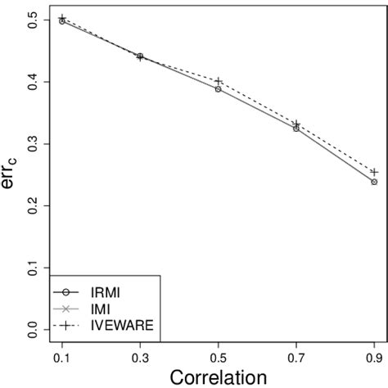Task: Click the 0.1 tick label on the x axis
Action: tap(62, 359)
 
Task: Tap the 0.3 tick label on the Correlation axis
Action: tap(140, 359)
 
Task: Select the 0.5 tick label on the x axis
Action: tap(218, 359)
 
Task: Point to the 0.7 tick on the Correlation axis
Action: tap(296, 359)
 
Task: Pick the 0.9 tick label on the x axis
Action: tap(373, 359)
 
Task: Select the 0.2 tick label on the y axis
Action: tap(32, 205)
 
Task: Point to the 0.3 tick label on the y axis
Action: tap(32, 144)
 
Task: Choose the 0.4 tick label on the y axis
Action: tap(32, 83)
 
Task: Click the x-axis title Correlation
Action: tap(218, 377)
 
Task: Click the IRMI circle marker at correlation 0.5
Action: tap(218, 88)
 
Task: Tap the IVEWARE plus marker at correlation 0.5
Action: tap(218, 81)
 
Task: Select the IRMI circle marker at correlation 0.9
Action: tap(374, 182)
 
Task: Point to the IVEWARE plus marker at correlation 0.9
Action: tap(374, 172)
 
